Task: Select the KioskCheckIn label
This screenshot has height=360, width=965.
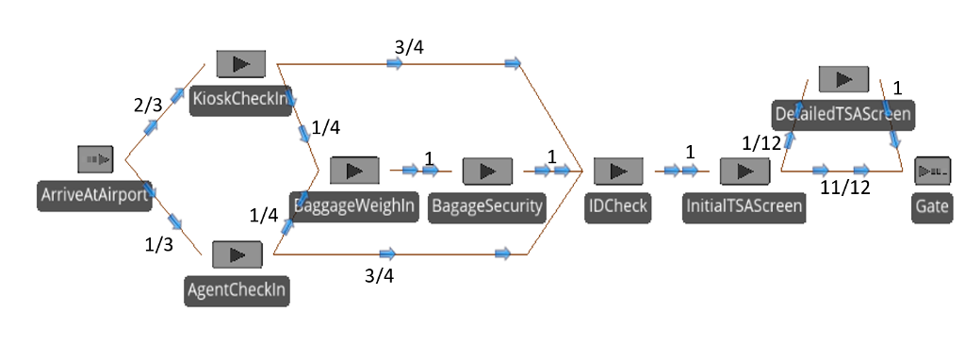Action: [x=239, y=100]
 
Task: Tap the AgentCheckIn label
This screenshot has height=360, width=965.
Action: [x=237, y=290]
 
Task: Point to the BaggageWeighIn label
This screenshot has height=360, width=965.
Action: [x=354, y=205]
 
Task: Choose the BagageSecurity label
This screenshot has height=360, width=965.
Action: [x=487, y=206]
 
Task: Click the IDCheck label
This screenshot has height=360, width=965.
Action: [x=618, y=206]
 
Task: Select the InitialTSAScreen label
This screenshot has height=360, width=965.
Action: [x=744, y=206]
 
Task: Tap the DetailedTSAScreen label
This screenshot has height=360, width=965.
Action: [x=842, y=114]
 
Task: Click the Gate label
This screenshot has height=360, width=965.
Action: [x=931, y=206]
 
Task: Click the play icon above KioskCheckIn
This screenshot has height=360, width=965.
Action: [x=241, y=64]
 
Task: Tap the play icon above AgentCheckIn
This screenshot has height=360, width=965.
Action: [x=237, y=254]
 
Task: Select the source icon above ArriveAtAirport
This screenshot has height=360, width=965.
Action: [x=96, y=159]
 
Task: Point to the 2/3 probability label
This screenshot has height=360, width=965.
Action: [x=149, y=106]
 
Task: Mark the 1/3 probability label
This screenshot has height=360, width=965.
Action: [x=159, y=245]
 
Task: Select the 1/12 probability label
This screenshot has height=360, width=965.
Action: [x=761, y=142]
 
